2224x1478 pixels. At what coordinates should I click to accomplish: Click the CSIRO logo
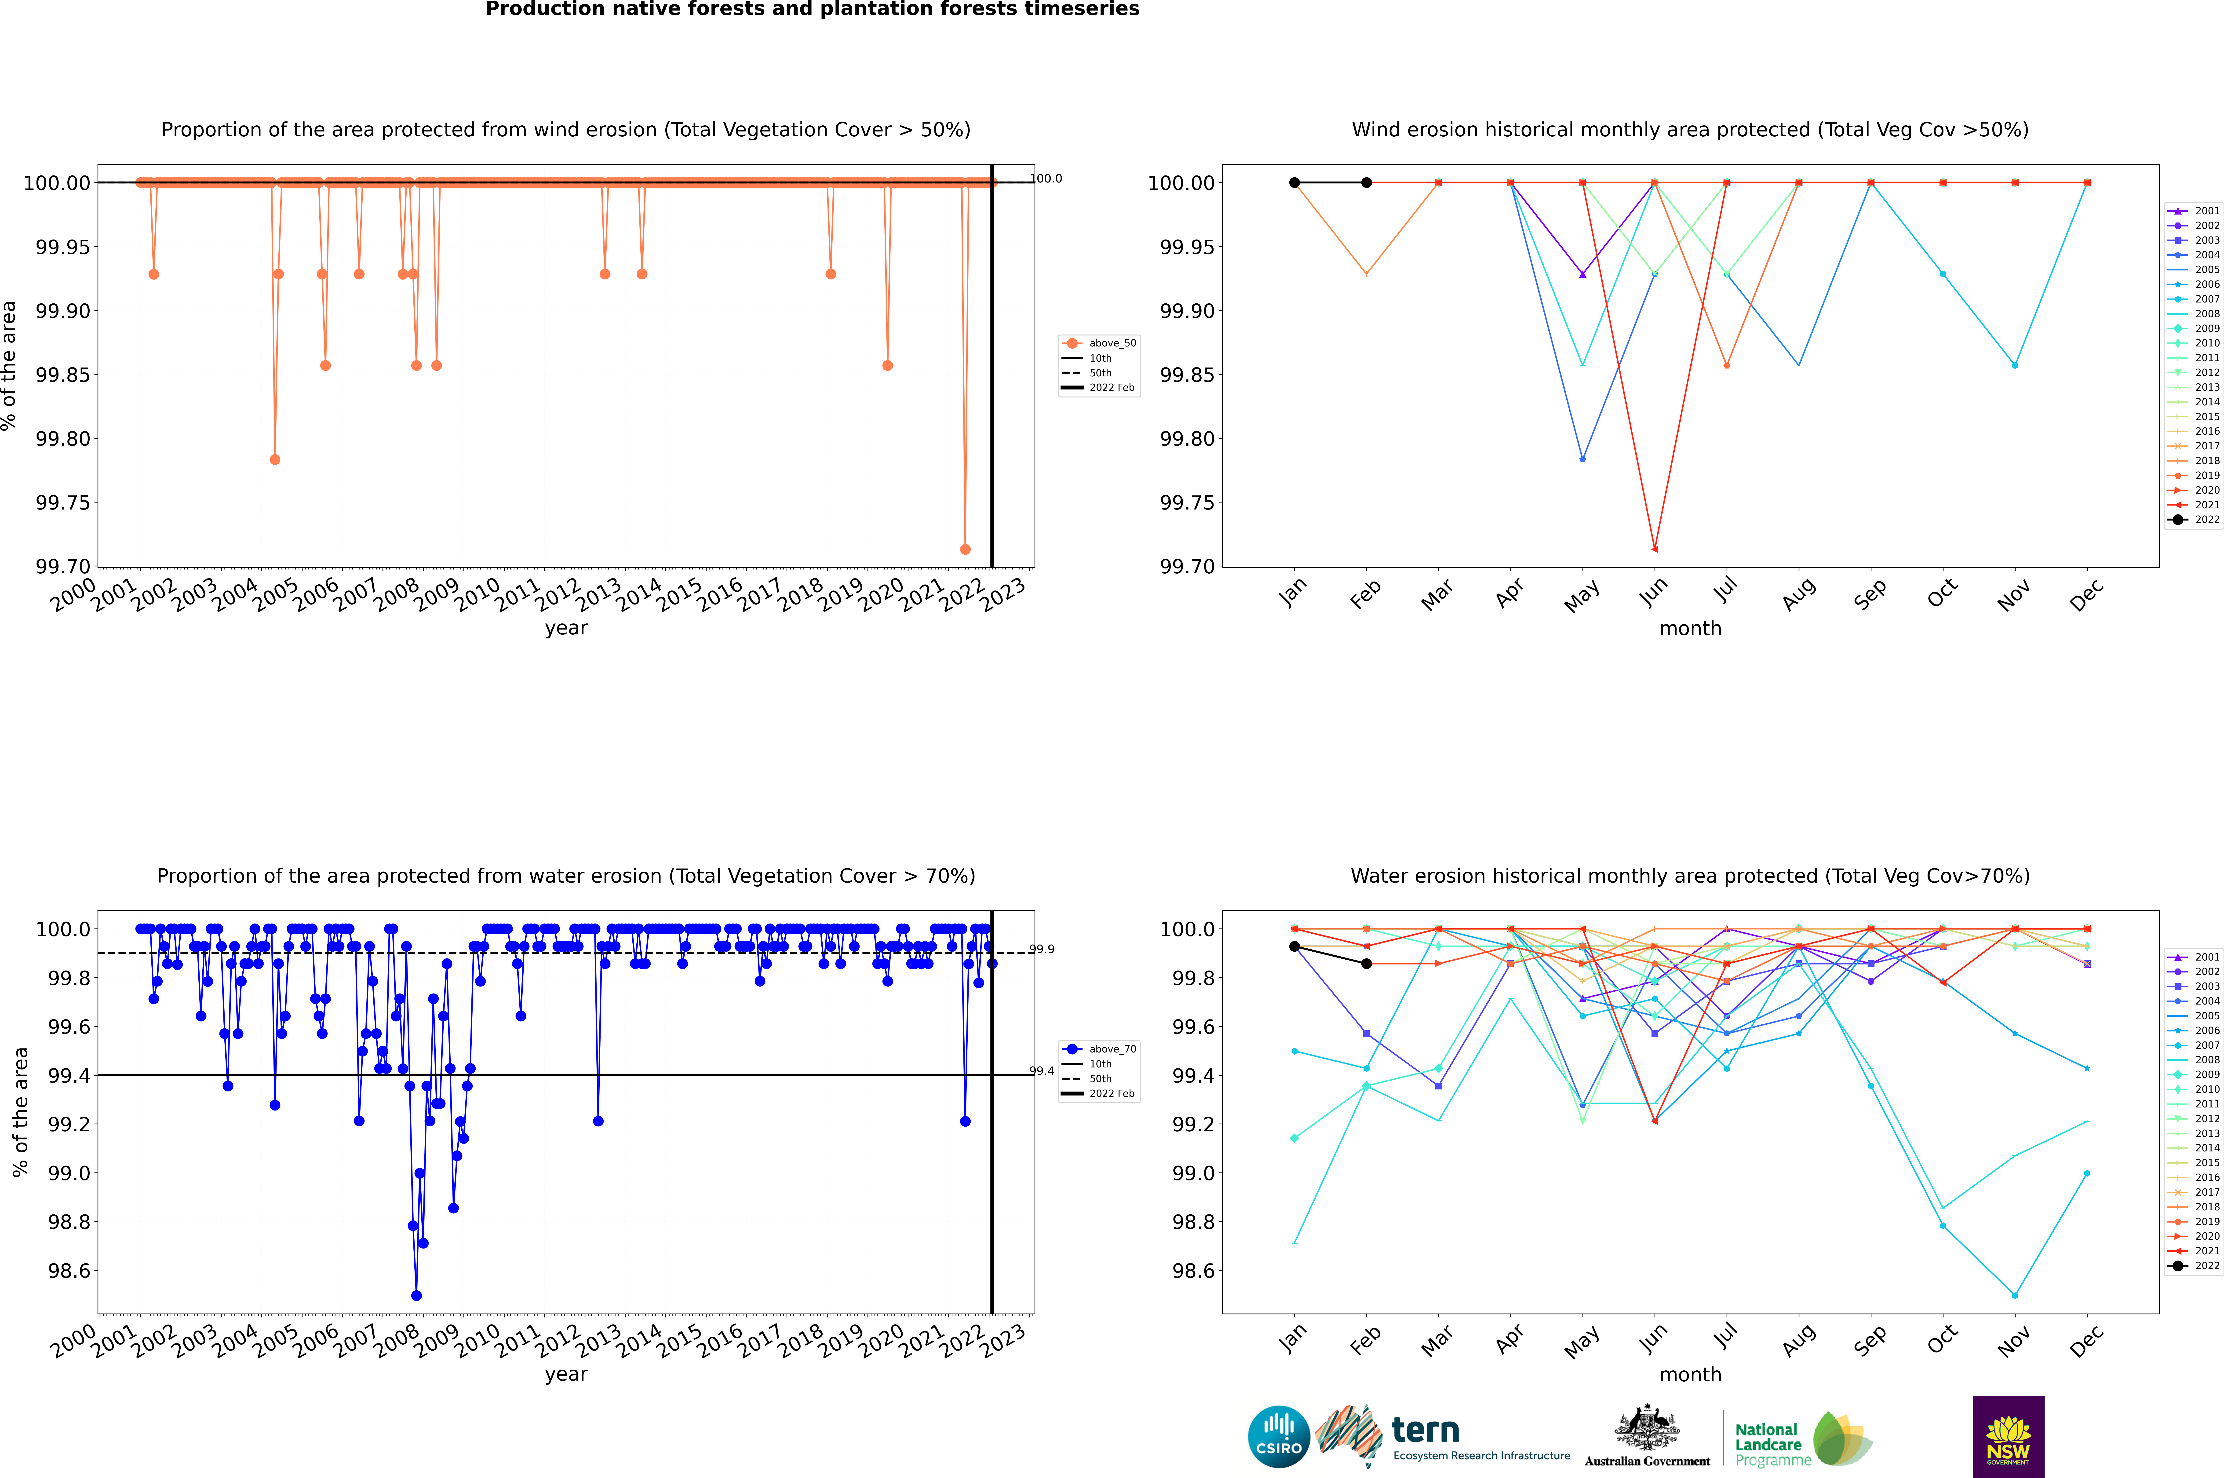point(1278,1437)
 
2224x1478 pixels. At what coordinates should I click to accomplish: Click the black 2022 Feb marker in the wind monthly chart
point(1366,183)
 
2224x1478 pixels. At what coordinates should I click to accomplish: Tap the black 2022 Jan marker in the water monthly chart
point(1294,946)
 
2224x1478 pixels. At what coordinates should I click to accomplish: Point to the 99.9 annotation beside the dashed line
point(1042,949)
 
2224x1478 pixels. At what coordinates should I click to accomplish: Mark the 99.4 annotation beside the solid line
point(1042,1071)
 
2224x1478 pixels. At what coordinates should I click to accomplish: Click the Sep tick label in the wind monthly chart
point(1870,594)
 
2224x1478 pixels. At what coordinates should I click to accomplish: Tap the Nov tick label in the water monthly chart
point(2014,1340)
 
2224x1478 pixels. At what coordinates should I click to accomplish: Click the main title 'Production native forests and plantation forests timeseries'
point(812,9)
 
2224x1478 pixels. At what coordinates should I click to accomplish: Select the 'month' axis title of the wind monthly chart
point(1689,629)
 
